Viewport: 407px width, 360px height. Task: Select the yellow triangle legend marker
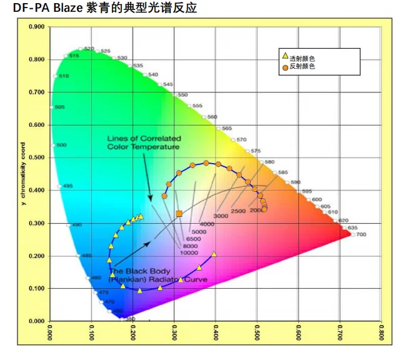coord(285,56)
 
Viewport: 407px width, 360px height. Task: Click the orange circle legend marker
coord(285,66)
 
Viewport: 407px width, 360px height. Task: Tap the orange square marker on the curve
coord(179,214)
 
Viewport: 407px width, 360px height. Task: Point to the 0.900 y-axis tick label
coord(36,27)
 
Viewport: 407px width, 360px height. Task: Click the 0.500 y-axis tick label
coord(36,157)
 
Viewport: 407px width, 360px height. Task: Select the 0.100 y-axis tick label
coord(36,289)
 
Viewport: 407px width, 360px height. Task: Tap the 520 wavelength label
coord(89,48)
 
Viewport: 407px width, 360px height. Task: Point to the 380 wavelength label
coord(130,319)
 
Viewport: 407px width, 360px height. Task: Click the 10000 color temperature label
coord(189,252)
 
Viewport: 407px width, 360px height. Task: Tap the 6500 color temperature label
coord(193,239)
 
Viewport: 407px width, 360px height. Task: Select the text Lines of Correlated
coord(144,138)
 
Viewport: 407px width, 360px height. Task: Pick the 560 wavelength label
coord(213,117)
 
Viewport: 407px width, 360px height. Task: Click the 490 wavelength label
coord(77,225)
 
